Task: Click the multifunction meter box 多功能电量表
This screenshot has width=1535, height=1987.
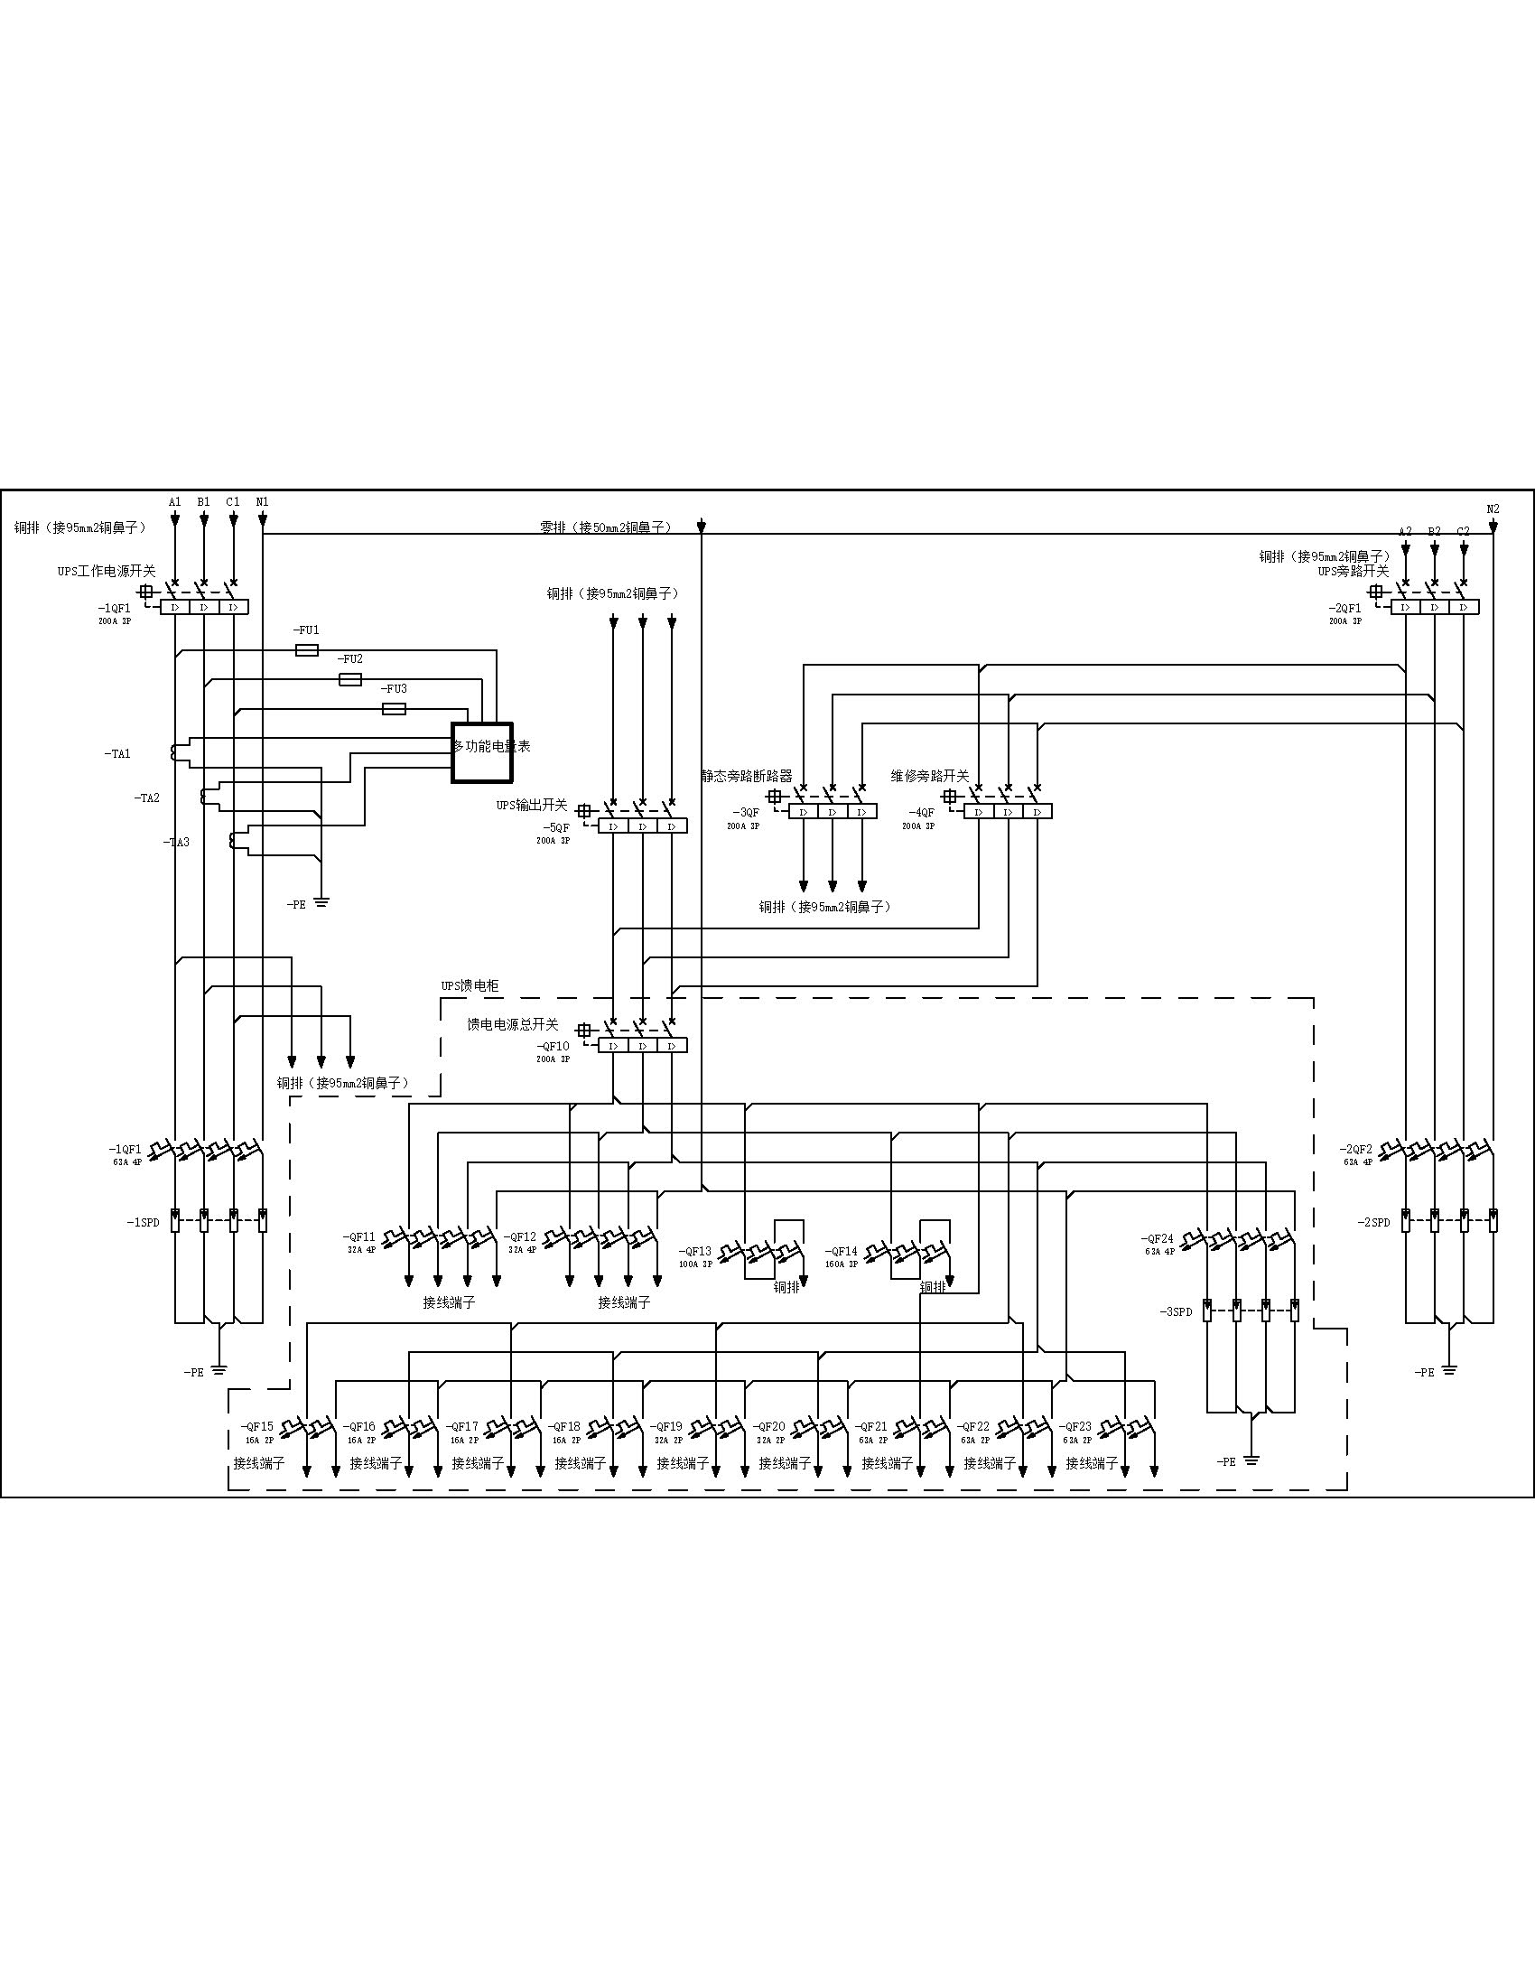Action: (x=482, y=752)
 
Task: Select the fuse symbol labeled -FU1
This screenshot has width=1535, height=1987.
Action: (x=307, y=650)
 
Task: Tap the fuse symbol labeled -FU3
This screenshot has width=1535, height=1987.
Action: (x=394, y=709)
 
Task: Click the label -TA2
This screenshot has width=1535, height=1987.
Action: (x=147, y=798)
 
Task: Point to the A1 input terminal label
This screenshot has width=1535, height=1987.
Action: (x=175, y=501)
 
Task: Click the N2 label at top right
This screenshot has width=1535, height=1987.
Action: (x=1493, y=509)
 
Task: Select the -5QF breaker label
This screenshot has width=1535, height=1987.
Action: (x=556, y=828)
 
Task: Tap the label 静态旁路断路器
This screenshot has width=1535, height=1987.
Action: (x=747, y=776)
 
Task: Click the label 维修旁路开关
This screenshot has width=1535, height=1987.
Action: (x=929, y=776)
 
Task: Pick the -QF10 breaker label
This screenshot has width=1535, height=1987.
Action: (x=553, y=1047)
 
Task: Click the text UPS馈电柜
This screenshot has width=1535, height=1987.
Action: (x=470, y=986)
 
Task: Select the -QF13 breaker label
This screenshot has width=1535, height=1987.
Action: (x=695, y=1251)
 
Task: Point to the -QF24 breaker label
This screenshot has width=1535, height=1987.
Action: (x=1158, y=1239)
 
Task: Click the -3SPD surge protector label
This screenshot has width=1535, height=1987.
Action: (x=1176, y=1312)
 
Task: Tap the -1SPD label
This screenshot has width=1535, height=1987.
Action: (x=143, y=1222)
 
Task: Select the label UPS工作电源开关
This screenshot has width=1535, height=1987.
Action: (x=107, y=572)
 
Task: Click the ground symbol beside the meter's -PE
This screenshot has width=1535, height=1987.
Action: (x=321, y=902)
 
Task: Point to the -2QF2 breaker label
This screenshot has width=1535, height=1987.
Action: (x=1356, y=1149)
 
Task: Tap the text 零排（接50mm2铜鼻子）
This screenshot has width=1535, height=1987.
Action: (x=606, y=527)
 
